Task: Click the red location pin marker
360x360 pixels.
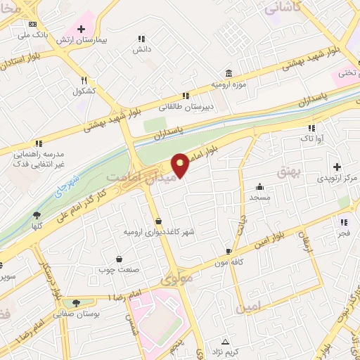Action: (x=180, y=165)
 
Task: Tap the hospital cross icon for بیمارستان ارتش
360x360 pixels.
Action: (x=82, y=30)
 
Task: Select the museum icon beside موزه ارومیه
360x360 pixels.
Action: (x=229, y=73)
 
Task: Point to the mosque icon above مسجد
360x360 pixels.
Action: (x=259, y=186)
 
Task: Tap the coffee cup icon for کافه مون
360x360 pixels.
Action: (x=229, y=251)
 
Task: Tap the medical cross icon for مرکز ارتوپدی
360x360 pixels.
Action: (x=337, y=167)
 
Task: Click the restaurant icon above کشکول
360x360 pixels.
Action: (x=84, y=80)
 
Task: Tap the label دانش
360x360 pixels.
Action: (x=141, y=50)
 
